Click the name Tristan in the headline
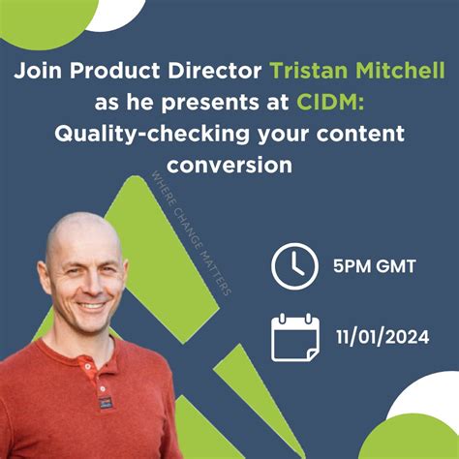coord(310,71)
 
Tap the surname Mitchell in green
coord(401,70)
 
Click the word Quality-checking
coord(152,135)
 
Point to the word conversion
coord(229,165)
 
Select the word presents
coord(209,104)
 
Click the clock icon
coord(294,266)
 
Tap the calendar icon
coord(295,337)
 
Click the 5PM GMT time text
coord(375,266)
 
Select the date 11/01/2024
coord(382,337)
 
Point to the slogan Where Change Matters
coord(192,233)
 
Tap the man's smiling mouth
coord(91,305)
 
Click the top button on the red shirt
coord(87,366)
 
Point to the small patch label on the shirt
coord(105,404)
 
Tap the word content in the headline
coord(360,134)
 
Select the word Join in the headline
coord(38,71)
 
